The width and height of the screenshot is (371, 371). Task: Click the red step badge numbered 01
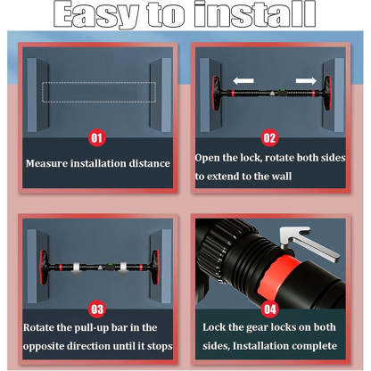coord(98,138)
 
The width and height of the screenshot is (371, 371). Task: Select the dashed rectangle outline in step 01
coord(98,91)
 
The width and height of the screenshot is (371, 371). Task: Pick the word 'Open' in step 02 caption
coord(211,158)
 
